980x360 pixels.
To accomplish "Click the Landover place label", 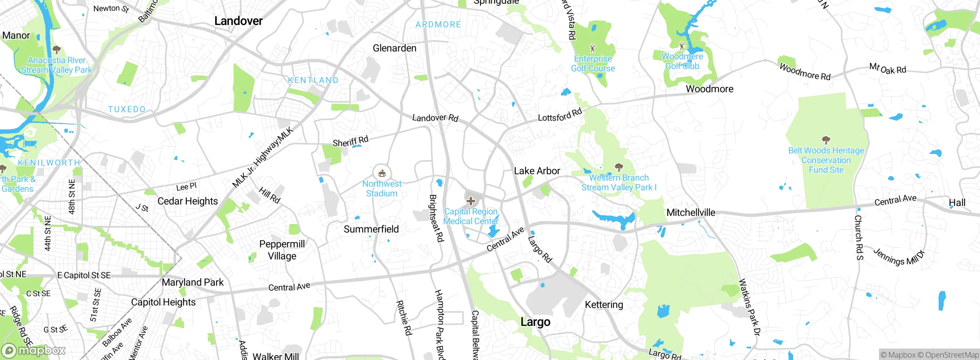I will (238, 21).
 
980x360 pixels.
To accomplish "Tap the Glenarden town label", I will (394, 48).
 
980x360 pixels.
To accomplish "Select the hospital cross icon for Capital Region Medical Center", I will (471, 201).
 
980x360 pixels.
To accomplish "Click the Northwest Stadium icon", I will (382, 173).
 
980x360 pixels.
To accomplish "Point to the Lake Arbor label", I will (537, 171).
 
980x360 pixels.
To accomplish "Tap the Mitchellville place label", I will (691, 213).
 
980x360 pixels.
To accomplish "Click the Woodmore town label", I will (709, 89).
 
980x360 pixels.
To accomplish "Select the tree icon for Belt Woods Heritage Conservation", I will (826, 140).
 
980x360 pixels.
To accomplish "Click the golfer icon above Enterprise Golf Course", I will (593, 48).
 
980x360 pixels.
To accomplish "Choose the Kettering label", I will (604, 305).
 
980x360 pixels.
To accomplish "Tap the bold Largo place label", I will (535, 322).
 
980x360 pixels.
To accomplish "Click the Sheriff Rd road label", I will (350, 141).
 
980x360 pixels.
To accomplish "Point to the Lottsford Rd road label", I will (560, 115).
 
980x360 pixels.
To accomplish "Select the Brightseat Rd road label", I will (436, 218).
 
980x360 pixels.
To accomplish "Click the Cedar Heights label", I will (188, 201).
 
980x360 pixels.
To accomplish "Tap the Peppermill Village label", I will (282, 250).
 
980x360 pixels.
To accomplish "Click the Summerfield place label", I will (371, 229).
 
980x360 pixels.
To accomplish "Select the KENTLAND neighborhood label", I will (313, 80).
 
